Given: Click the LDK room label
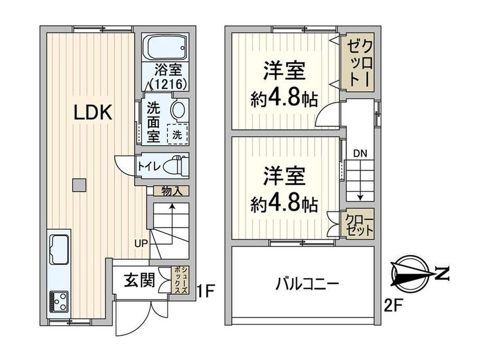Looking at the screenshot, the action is tap(93, 113).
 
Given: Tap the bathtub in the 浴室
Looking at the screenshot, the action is tap(165, 48).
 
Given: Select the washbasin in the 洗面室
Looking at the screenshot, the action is tap(178, 110).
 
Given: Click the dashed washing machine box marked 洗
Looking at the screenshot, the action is tap(177, 134).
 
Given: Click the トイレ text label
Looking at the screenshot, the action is tap(149, 167).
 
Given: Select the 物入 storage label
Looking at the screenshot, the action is tap(172, 191).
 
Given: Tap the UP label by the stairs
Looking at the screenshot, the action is tap(141, 243).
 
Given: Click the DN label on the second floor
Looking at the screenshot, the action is tap(360, 153).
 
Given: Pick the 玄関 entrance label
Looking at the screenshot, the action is tap(139, 280).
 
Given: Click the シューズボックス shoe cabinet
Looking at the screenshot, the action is tap(180, 280).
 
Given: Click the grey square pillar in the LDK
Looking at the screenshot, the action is tap(79, 185).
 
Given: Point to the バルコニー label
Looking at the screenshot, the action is tap(307, 284).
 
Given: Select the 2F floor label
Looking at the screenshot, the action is tap(393, 306).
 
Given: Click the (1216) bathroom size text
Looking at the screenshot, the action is tap(168, 84).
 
